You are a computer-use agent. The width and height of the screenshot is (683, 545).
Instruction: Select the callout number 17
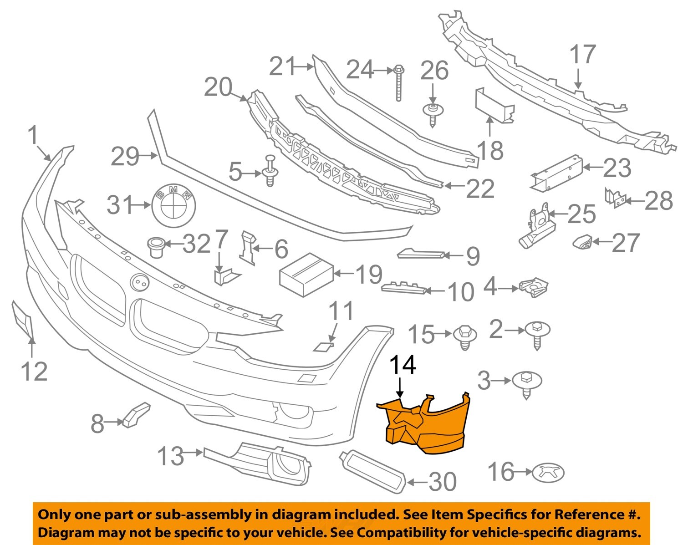(583, 55)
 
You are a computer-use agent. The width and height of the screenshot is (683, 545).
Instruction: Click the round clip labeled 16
(548, 473)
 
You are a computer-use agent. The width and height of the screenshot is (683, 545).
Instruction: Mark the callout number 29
(125, 157)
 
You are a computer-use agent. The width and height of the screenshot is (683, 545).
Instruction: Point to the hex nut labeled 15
(464, 336)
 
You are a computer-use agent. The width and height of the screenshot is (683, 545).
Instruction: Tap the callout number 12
(34, 372)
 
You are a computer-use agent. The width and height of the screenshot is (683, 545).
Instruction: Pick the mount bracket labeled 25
(537, 225)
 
